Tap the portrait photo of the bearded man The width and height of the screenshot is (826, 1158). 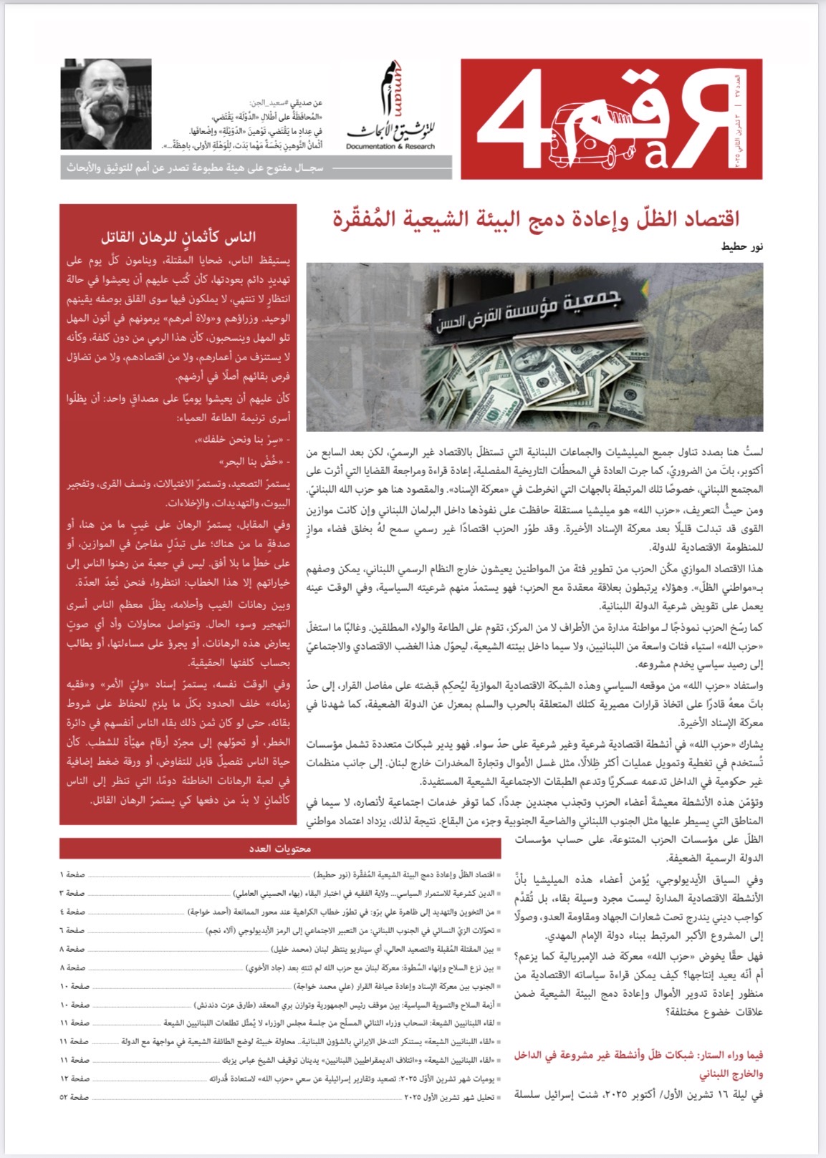click(x=105, y=104)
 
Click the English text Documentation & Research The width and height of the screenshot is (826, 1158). click(x=390, y=147)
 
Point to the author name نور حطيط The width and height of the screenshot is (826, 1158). click(x=741, y=247)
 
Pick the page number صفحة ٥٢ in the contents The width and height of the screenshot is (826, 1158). click(x=74, y=1097)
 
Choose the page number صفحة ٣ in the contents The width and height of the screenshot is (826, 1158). click(x=74, y=893)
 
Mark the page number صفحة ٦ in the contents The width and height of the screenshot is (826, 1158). click(x=74, y=930)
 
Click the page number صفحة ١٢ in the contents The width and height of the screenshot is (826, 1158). click(x=74, y=1079)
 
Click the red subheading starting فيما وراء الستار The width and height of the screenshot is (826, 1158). click(x=638, y=1064)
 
